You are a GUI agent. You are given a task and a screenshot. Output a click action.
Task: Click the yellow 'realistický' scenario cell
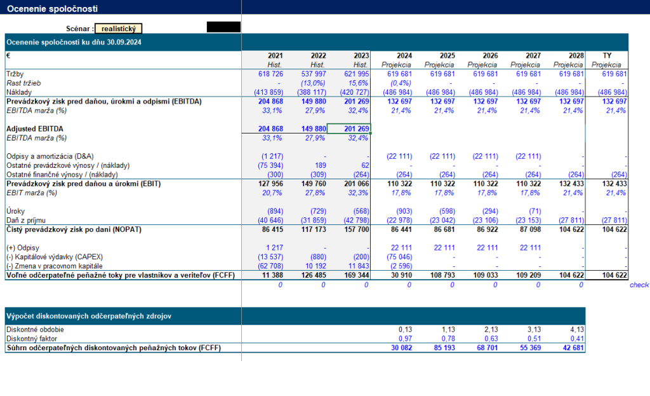[119, 29]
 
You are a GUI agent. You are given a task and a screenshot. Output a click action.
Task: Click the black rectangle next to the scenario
[223, 27]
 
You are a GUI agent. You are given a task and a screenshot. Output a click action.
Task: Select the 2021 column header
[275, 56]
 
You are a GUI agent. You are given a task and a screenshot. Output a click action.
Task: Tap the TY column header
[607, 56]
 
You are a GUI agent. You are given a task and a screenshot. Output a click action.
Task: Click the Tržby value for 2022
[314, 74]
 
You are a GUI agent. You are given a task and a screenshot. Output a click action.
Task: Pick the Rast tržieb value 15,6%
[358, 83]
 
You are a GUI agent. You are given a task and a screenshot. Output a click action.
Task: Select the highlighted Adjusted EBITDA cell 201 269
[348, 128]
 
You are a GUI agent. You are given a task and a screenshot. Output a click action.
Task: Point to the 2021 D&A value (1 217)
[272, 156]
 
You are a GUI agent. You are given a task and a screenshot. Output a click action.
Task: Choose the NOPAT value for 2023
[357, 229]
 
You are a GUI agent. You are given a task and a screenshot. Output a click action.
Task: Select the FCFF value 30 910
[401, 275]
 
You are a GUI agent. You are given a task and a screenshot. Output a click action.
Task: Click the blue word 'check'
[639, 285]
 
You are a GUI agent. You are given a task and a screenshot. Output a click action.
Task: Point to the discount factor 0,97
[406, 338]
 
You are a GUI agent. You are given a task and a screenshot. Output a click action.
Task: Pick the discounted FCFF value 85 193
[444, 348]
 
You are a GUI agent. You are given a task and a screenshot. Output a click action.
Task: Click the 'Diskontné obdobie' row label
[36, 329]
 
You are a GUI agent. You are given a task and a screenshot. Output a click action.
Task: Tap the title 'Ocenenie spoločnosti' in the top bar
[52, 8]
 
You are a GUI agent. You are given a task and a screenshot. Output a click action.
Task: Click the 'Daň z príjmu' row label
[25, 220]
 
